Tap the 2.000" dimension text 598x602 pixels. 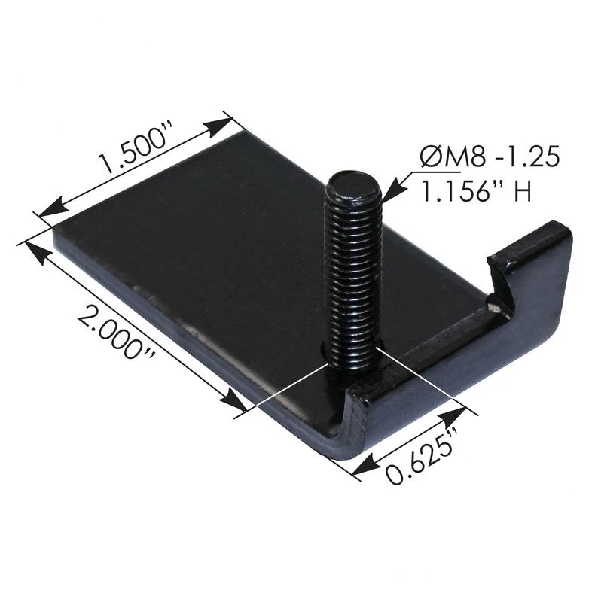tap(116, 330)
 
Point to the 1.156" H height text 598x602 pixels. tap(477, 191)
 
